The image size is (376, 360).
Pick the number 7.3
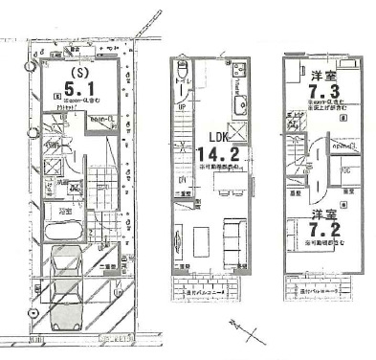coord(322,89)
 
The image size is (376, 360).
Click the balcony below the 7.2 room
coord(321,288)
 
